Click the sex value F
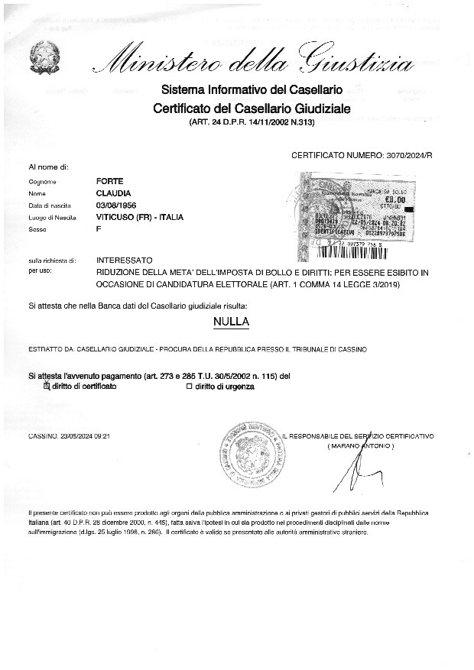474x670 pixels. [x=99, y=229]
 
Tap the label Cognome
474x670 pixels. [x=43, y=182]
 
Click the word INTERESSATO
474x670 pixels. [x=125, y=261]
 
